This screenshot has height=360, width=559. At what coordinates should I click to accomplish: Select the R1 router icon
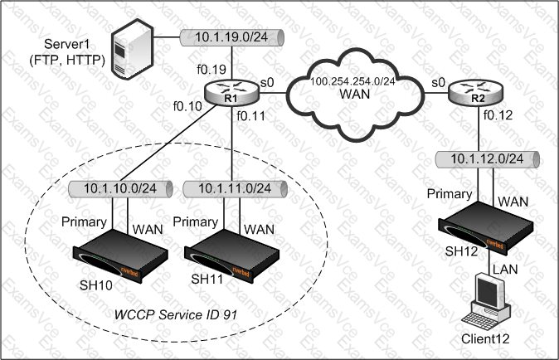point(231,96)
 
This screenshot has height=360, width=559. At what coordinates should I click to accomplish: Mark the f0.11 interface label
point(250,118)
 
